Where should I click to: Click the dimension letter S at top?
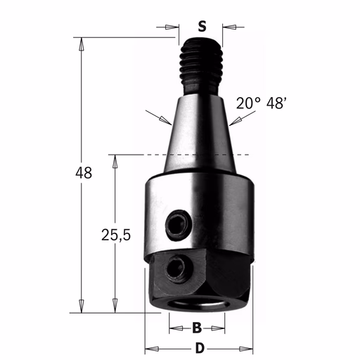(x=202, y=26)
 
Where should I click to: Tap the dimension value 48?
(x=84, y=173)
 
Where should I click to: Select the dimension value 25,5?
(x=116, y=235)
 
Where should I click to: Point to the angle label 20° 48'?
(x=262, y=103)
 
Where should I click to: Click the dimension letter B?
(x=197, y=328)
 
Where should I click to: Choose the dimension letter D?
(x=200, y=349)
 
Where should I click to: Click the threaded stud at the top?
(x=201, y=67)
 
